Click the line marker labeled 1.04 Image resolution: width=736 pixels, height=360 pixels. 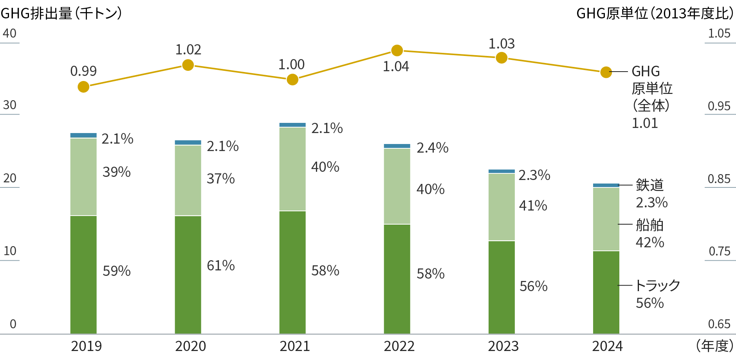pos(397,50)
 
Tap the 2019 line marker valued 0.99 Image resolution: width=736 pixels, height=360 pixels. pos(83,86)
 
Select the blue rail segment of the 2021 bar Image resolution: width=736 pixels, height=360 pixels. pos(292,125)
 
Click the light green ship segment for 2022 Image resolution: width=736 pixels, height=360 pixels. pos(397,186)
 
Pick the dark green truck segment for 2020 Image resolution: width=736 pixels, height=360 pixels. pos(188,274)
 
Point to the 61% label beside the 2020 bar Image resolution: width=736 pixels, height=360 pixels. pos(221,266)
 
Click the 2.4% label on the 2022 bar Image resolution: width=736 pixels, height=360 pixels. pos(432,148)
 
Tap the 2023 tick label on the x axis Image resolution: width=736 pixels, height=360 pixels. pos(503,346)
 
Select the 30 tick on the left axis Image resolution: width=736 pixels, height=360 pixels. pos(10,105)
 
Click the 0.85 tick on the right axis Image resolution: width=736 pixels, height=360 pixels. pos(719,179)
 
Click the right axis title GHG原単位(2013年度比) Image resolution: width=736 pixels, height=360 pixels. pos(655,14)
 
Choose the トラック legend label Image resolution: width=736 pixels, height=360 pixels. pos(658,285)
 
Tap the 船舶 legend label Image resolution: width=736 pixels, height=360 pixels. pos(649,225)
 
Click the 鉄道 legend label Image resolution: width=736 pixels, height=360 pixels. pos(649,185)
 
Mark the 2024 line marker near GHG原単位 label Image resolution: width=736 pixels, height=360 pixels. pos(606,72)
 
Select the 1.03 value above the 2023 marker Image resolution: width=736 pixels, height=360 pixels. pos(501,44)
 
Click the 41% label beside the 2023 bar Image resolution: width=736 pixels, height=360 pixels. pos(533,206)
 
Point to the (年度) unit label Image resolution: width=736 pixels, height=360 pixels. pos(714,346)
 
